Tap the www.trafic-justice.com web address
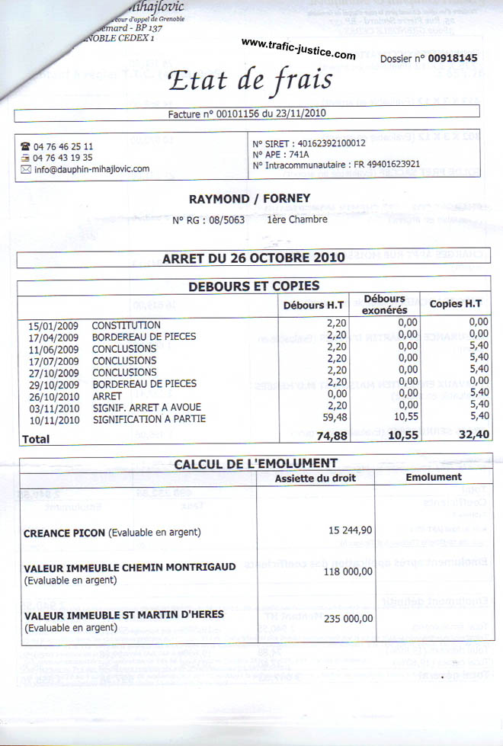pyautogui.click(x=298, y=49)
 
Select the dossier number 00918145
pyautogui.click(x=452, y=58)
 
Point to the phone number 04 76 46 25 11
pyautogui.click(x=63, y=146)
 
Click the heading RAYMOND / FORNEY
pyautogui.click(x=249, y=199)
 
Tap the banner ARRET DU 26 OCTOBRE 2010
pyautogui.click(x=253, y=258)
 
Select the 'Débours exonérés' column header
pyautogui.click(x=384, y=304)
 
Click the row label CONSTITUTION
pyautogui.click(x=126, y=325)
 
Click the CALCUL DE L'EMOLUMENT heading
pyautogui.click(x=255, y=463)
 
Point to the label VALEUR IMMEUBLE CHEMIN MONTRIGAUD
pyautogui.click(x=130, y=567)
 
